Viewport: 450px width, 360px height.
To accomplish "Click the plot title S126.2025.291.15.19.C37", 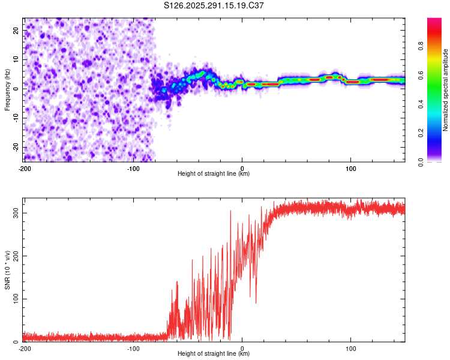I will tap(214, 6).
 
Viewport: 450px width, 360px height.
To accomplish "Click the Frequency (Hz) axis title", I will tap(7, 90).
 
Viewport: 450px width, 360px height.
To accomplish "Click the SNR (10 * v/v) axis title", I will tap(7, 269).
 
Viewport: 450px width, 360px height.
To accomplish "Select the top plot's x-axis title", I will tap(214, 174).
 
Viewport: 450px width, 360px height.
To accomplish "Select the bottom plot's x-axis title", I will tap(214, 355).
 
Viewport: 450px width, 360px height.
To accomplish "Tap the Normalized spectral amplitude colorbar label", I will tap(446, 91).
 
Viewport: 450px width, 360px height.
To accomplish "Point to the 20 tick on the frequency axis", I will tap(16, 30).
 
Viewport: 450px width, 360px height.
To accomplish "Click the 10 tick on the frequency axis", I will tap(16, 59).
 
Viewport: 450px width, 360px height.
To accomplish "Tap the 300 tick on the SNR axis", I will tap(13, 213).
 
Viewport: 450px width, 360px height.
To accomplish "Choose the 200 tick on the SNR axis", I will tap(13, 256).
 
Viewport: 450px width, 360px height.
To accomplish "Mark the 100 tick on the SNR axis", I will tap(13, 299).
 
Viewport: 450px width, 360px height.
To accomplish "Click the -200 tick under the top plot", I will tap(25, 168).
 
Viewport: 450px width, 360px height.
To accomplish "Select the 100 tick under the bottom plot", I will tap(351, 349).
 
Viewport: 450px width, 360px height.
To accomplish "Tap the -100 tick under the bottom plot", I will tap(133, 349).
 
